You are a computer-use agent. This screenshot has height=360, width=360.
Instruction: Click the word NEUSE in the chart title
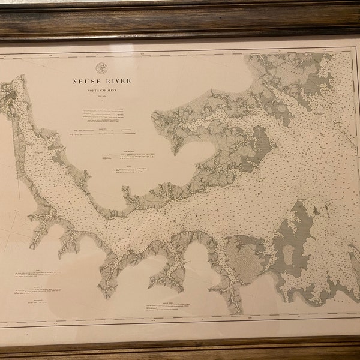88,80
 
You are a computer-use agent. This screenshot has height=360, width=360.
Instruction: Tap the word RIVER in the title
118,80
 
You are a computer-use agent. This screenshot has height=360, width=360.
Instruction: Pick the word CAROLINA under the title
113,90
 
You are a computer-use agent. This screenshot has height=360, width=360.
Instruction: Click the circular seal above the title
100,68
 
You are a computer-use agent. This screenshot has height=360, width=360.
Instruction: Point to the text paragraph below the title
105,115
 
